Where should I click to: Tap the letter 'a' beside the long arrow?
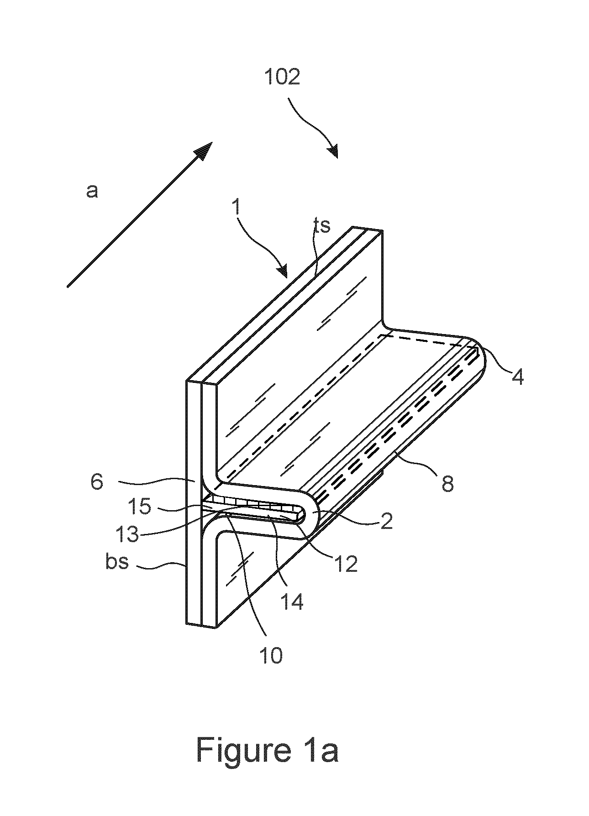pyautogui.click(x=92, y=191)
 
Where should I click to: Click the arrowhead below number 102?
pyautogui.click(x=333, y=151)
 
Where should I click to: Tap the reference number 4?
pyautogui.click(x=517, y=375)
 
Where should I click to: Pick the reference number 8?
pyautogui.click(x=447, y=482)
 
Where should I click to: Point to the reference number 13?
pyautogui.click(x=126, y=534)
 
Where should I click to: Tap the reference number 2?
pyautogui.click(x=387, y=521)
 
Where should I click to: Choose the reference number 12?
pyautogui.click(x=345, y=563)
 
